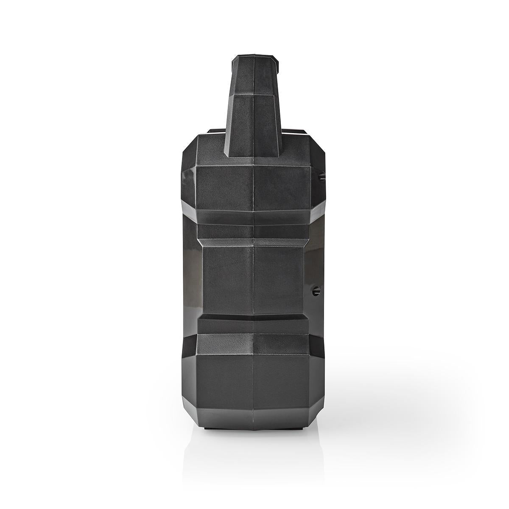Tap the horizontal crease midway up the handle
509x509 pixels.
[254, 95]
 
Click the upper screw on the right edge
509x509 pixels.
[321, 175]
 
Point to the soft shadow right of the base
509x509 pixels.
[382, 407]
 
